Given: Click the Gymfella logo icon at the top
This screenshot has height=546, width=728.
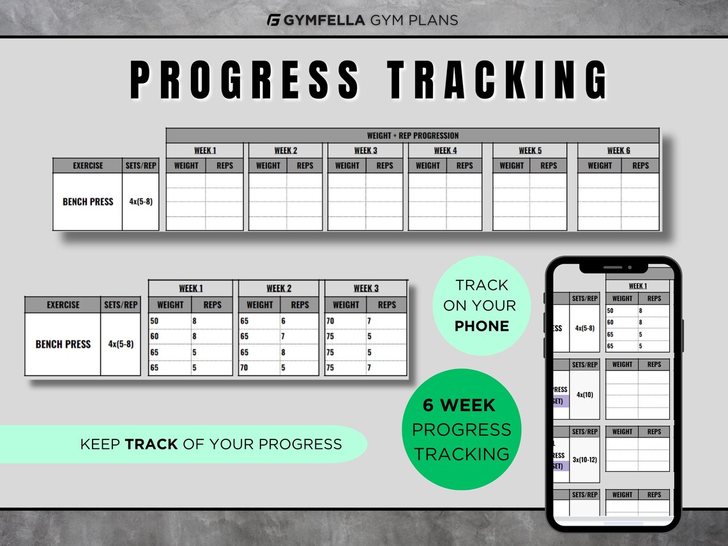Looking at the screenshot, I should click(274, 20).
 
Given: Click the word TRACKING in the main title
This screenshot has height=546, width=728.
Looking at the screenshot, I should click(498, 80).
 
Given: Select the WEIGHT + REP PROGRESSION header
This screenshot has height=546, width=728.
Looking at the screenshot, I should click(413, 135).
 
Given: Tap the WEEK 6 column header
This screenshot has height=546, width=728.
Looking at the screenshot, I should click(618, 151).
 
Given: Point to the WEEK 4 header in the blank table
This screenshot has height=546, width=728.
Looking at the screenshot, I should click(446, 151).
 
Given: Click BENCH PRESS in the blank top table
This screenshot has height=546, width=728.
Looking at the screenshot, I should click(87, 202).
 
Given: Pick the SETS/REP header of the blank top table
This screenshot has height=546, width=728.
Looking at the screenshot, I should click(140, 165).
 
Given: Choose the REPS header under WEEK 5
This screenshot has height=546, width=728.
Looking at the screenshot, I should click(549, 165).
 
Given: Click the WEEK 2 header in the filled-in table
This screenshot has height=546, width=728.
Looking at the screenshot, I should click(279, 289).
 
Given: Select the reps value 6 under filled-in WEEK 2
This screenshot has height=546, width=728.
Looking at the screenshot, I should click(284, 321).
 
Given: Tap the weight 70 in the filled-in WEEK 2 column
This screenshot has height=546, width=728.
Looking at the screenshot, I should click(245, 368).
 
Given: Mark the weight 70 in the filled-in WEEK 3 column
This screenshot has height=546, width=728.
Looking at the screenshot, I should click(330, 321).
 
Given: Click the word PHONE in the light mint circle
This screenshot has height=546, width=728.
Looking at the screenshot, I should click(482, 326).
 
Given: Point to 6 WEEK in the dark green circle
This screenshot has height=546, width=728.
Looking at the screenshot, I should click(459, 405).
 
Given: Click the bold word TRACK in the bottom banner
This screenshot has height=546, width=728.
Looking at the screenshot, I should click(151, 444).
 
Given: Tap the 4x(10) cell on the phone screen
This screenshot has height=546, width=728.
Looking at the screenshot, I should click(585, 395).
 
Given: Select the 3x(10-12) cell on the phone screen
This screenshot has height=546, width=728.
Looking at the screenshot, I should click(585, 460).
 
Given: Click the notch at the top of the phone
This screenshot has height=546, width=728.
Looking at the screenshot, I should click(613, 266).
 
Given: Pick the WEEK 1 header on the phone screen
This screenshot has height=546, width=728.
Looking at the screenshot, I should click(637, 286).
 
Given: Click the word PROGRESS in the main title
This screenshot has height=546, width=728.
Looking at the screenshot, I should click(245, 80).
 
